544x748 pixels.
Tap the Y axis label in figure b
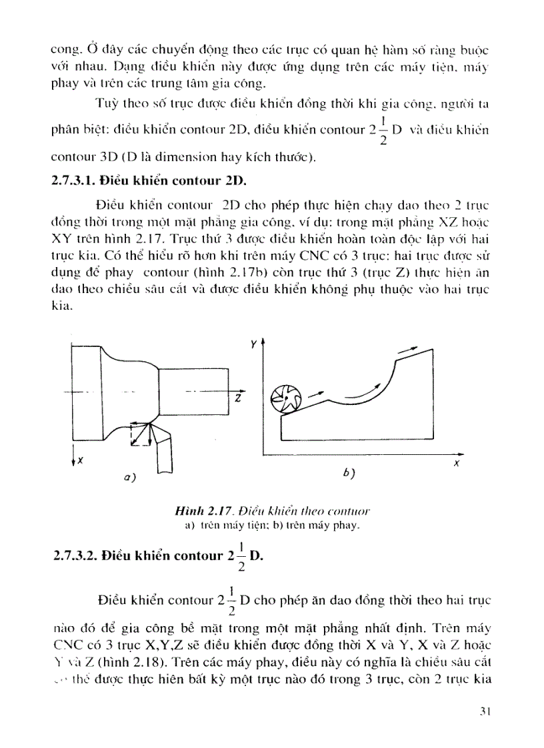pos(253,346)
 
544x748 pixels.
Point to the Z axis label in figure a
pos(237,398)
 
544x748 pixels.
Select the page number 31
pos(485,711)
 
